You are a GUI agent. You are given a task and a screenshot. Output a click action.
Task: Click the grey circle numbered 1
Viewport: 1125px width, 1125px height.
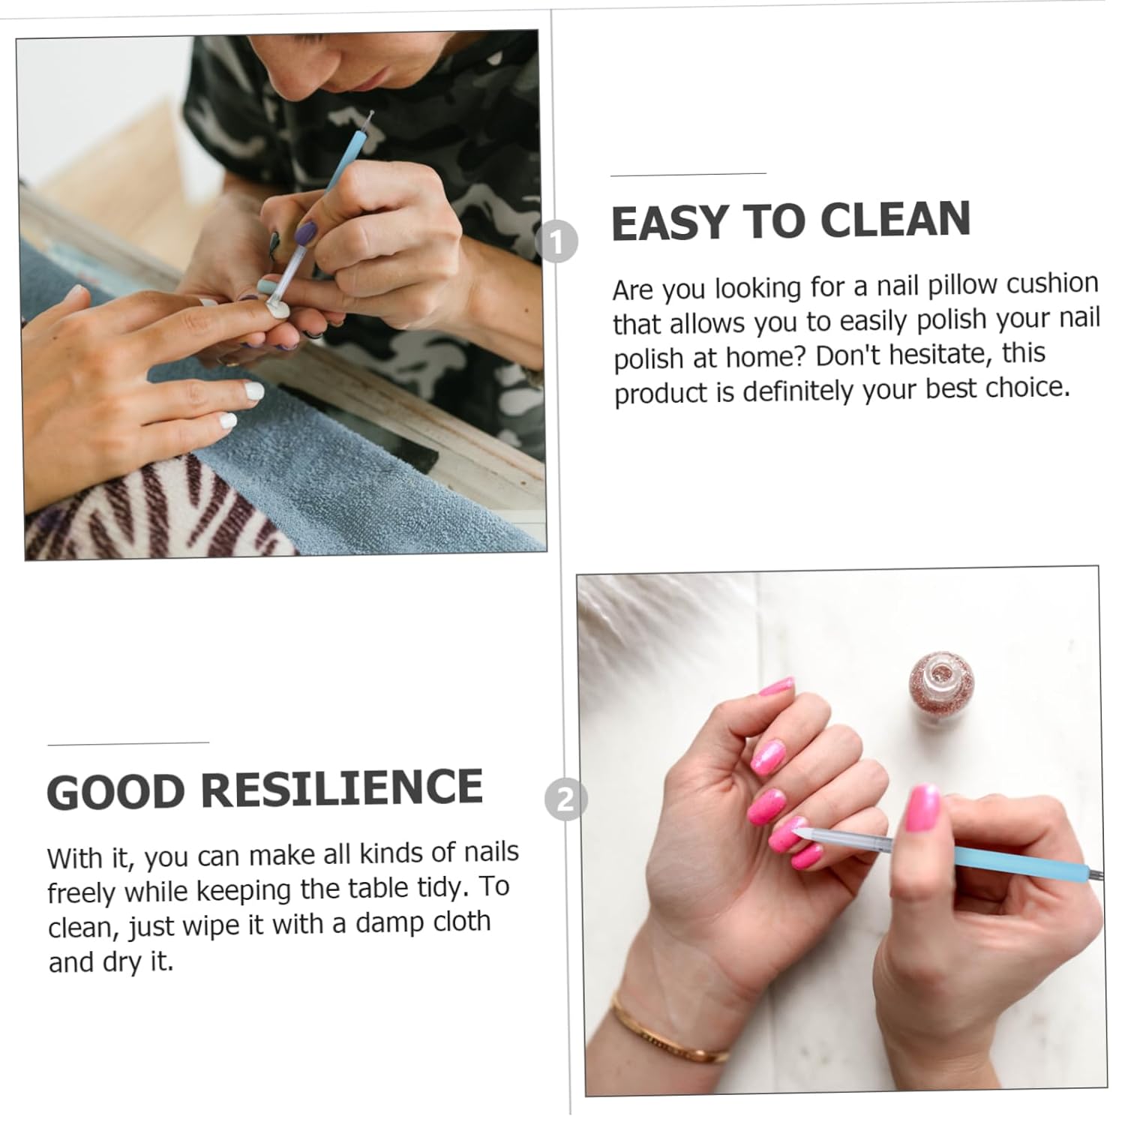pyautogui.click(x=557, y=241)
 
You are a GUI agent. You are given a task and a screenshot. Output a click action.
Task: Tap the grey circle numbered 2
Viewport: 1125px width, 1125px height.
pyautogui.click(x=565, y=799)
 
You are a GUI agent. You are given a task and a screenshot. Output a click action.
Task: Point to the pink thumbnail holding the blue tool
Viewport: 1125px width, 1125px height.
pyautogui.click(x=922, y=808)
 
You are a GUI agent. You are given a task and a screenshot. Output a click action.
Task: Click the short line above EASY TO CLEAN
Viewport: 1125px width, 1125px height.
pyautogui.click(x=688, y=174)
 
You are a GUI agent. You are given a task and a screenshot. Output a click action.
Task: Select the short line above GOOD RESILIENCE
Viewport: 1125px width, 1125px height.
pyautogui.click(x=127, y=743)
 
